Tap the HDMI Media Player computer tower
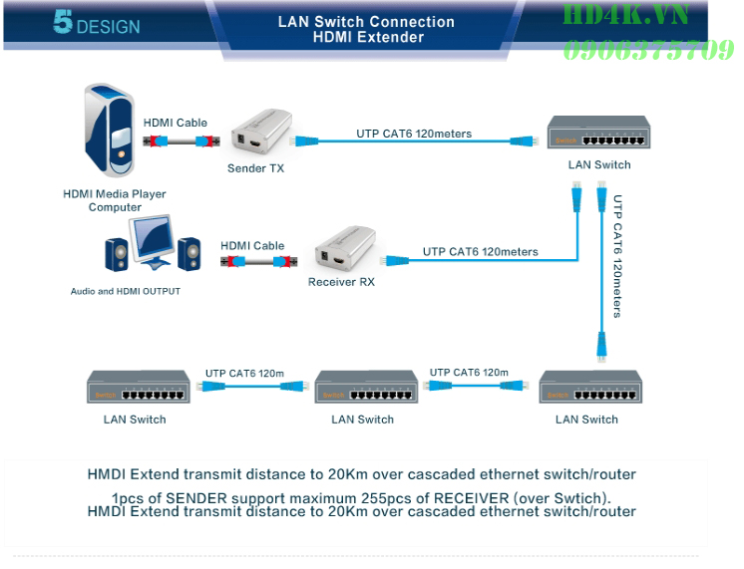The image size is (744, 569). click(109, 134)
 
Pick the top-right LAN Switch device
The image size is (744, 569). click(597, 135)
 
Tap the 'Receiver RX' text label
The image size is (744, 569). click(341, 282)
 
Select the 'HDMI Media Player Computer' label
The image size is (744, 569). click(115, 200)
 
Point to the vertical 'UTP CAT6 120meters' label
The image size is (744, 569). click(617, 256)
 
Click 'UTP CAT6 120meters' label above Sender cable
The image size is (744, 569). click(414, 134)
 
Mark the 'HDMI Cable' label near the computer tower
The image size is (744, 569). click(176, 124)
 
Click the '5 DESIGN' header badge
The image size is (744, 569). click(97, 24)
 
